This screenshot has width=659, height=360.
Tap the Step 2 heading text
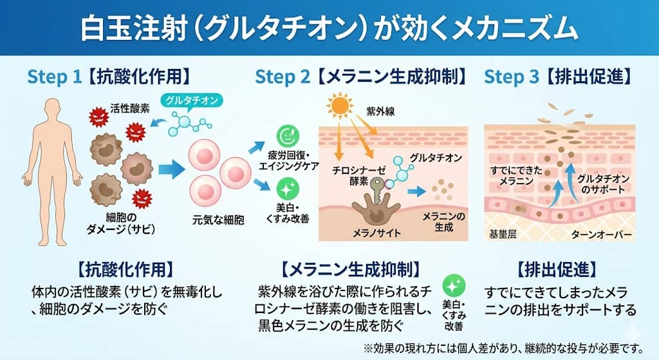(x=360, y=77)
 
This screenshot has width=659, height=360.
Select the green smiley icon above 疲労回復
(x=285, y=137)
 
